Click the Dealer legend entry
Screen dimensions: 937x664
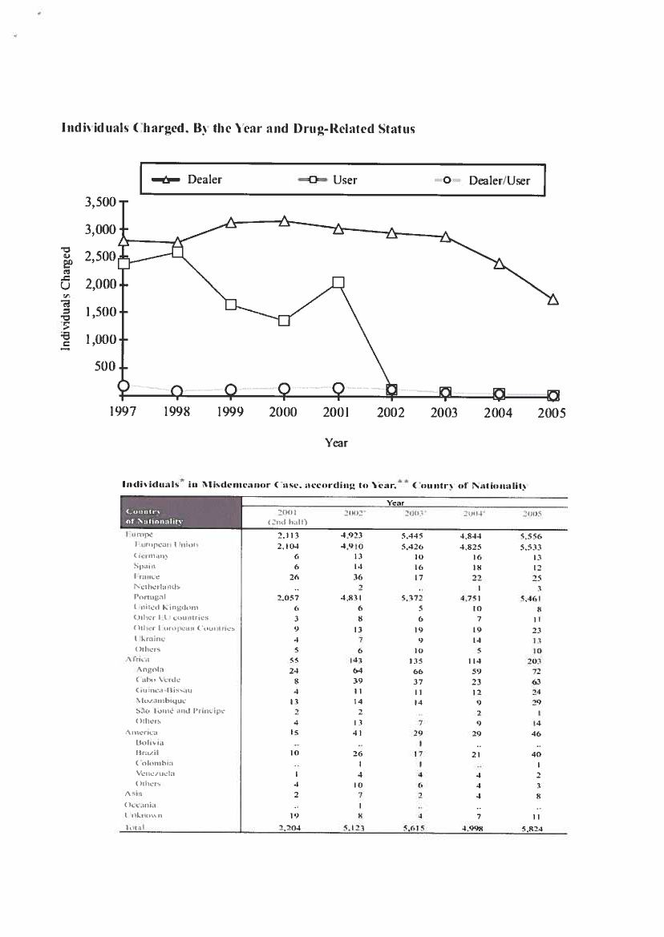pyautogui.click(x=192, y=180)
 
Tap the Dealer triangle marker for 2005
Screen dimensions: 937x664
pyautogui.click(x=553, y=300)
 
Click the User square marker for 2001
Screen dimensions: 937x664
pyautogui.click(x=338, y=282)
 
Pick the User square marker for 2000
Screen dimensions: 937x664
pyautogui.click(x=284, y=321)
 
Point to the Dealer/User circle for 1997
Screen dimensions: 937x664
pyautogui.click(x=123, y=386)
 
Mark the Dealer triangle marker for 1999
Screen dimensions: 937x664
pyautogui.click(x=231, y=223)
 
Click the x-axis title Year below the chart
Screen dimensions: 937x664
pyautogui.click(x=336, y=442)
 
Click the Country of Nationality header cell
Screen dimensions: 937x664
pyautogui.click(x=155, y=515)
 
